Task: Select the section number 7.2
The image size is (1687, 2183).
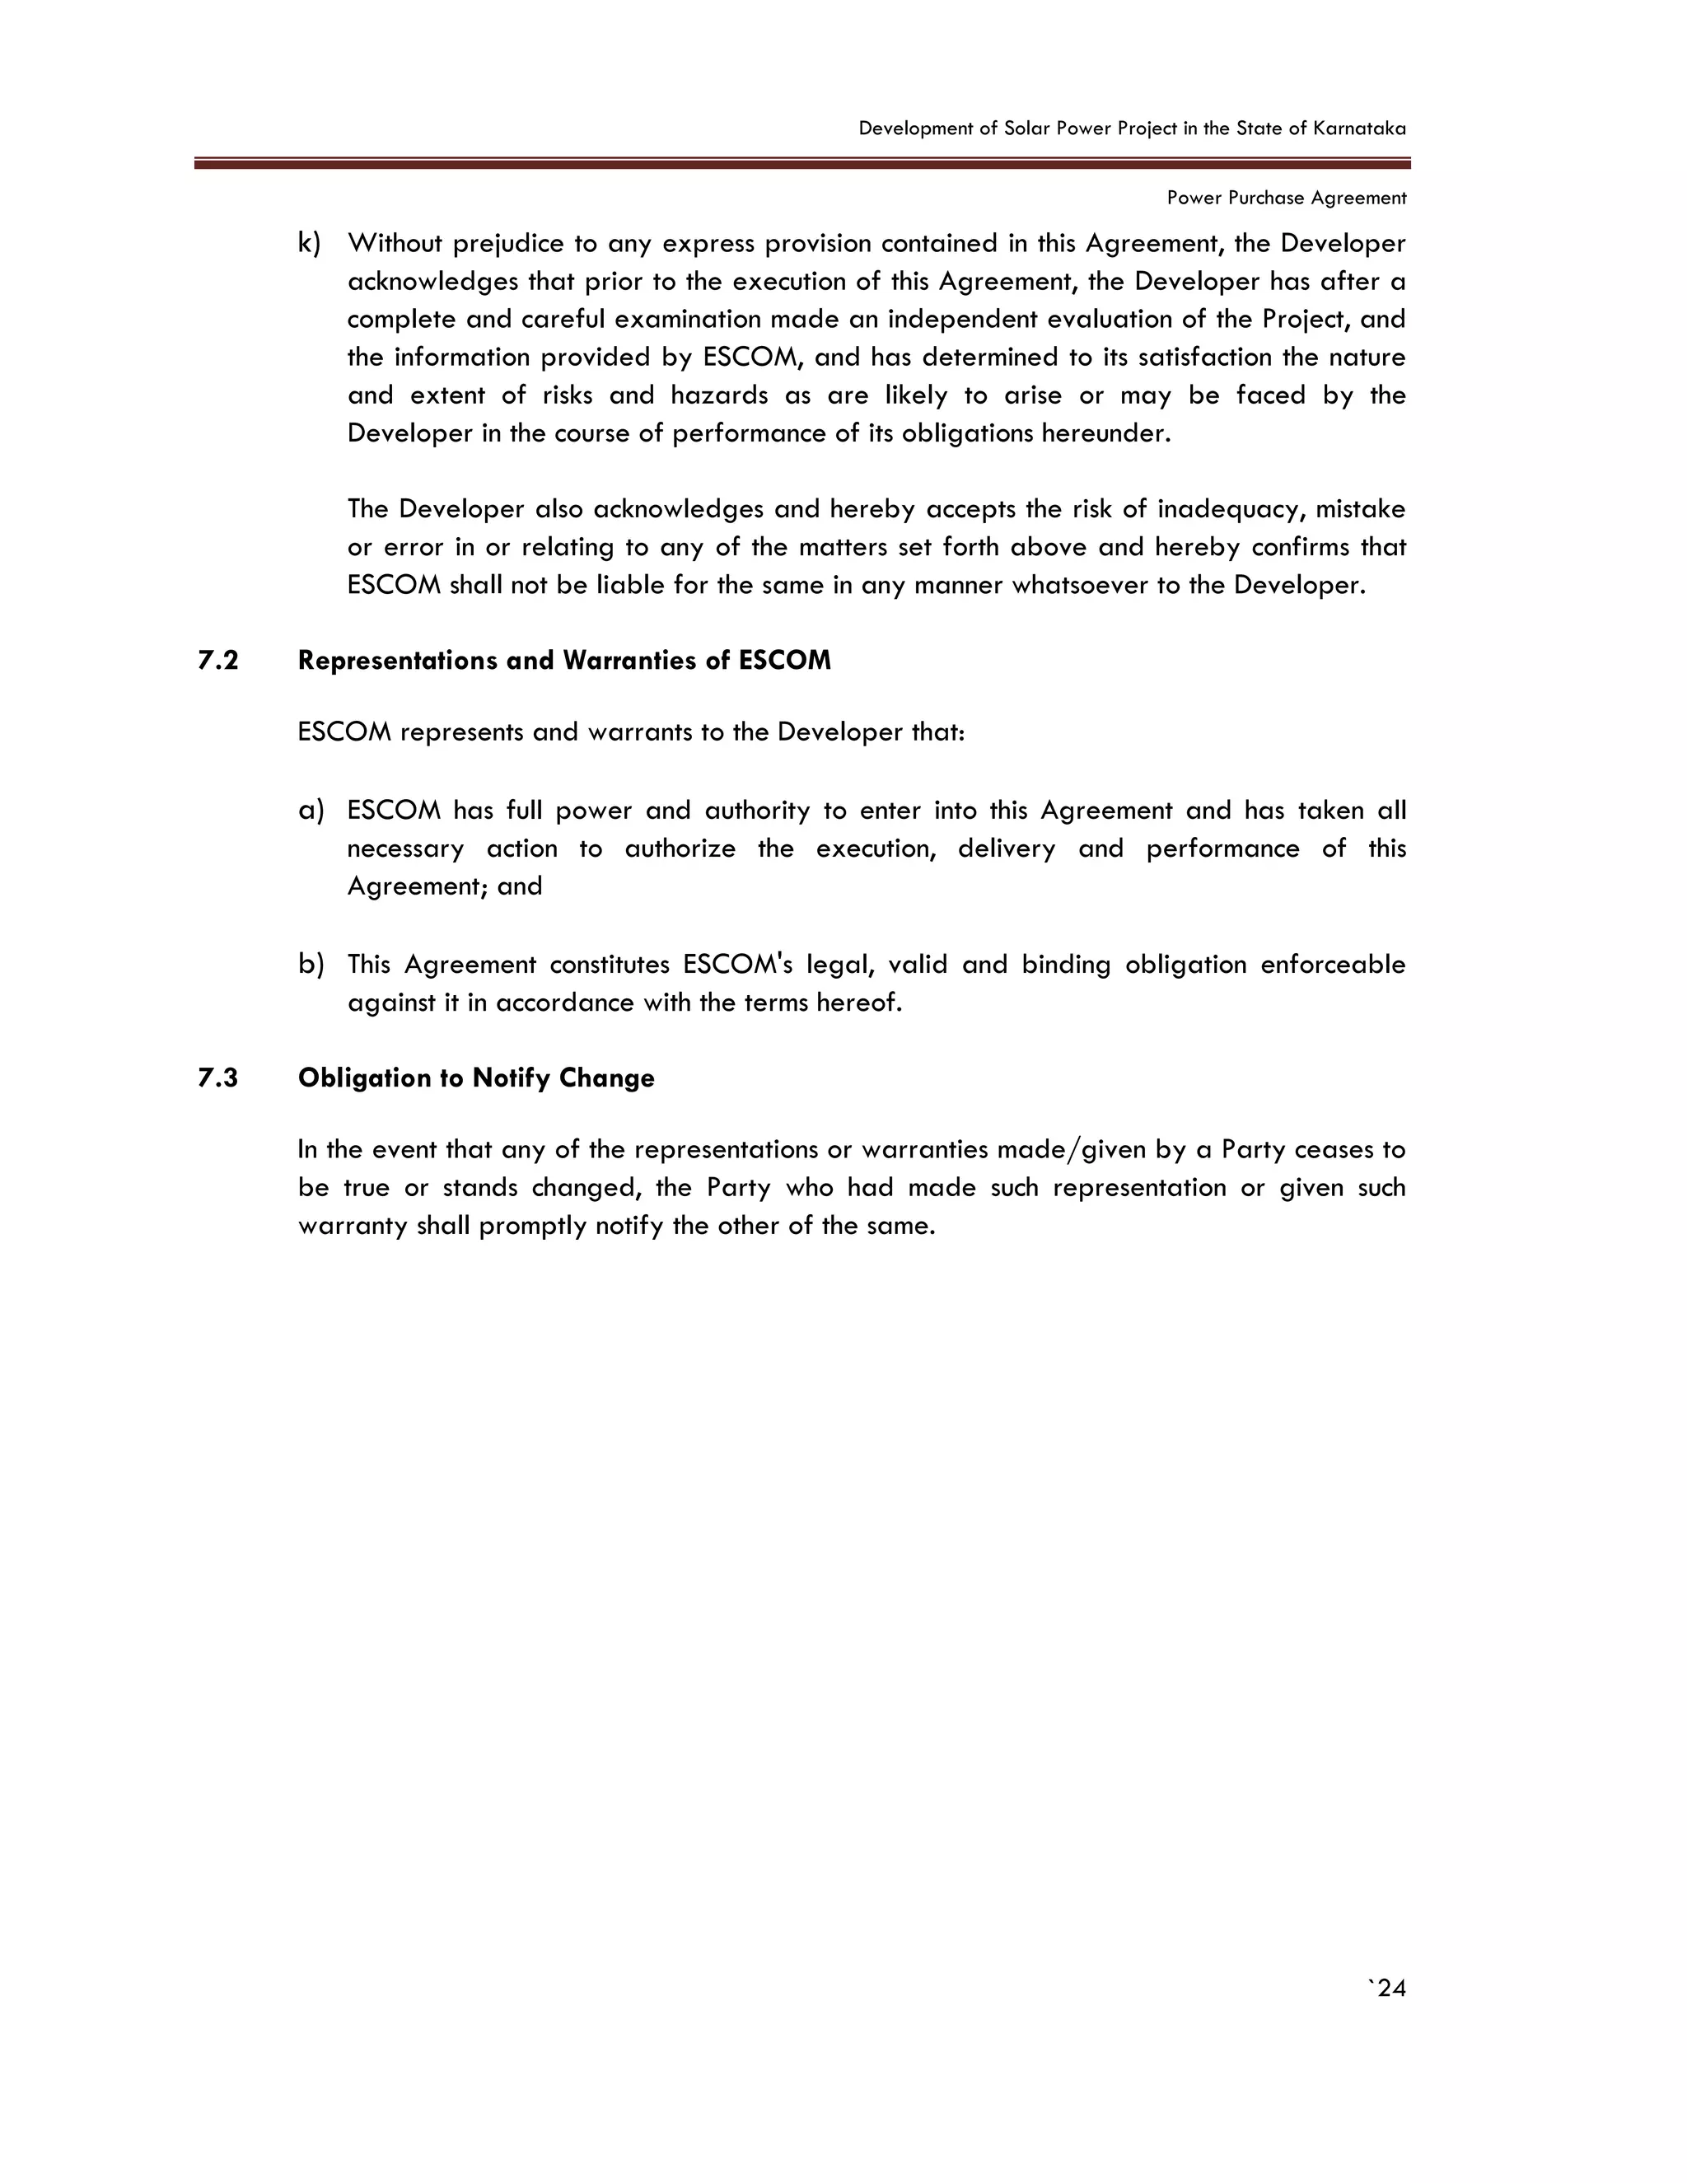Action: pos(217,661)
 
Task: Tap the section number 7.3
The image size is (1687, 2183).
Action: pos(217,1077)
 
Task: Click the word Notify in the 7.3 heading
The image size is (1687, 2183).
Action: pos(512,1077)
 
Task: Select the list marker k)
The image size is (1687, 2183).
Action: pos(309,243)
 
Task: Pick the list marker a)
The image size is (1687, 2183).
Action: pos(311,811)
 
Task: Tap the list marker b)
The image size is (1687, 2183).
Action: pos(311,965)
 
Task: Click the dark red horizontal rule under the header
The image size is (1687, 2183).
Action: pos(801,163)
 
